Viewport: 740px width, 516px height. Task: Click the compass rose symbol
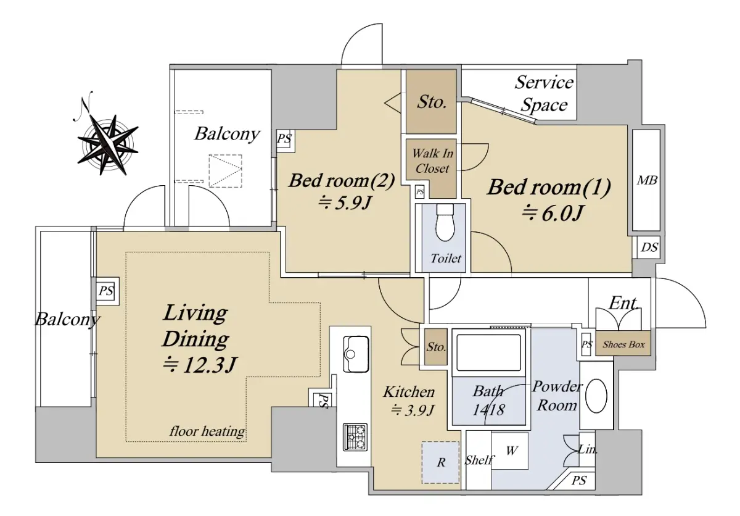coord(107,139)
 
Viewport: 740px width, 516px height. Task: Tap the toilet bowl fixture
coord(445,222)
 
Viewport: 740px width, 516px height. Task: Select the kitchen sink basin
coord(356,354)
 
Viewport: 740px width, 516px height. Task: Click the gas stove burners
coord(355,436)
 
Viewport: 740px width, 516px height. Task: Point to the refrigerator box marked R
coord(440,462)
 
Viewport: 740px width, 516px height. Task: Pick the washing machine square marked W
coord(510,451)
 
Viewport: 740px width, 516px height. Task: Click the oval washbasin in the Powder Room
coord(596,396)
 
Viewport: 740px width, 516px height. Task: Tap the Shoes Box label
coord(623,344)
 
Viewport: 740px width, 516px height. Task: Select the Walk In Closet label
coord(432,161)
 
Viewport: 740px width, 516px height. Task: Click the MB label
coord(647,180)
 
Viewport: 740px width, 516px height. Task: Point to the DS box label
coord(649,248)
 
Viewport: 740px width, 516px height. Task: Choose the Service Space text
coord(544,94)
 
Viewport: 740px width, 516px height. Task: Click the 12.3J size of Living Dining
coord(200,365)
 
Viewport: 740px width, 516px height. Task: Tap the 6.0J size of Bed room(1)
coord(553,213)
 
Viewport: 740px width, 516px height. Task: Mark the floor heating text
coord(207,431)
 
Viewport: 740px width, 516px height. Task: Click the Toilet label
coord(446,258)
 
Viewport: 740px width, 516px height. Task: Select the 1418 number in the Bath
coord(488,410)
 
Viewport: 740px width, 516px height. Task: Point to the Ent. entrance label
coord(623,303)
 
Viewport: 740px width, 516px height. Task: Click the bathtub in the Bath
coord(488,352)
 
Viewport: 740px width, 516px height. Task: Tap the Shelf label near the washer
coord(479,460)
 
